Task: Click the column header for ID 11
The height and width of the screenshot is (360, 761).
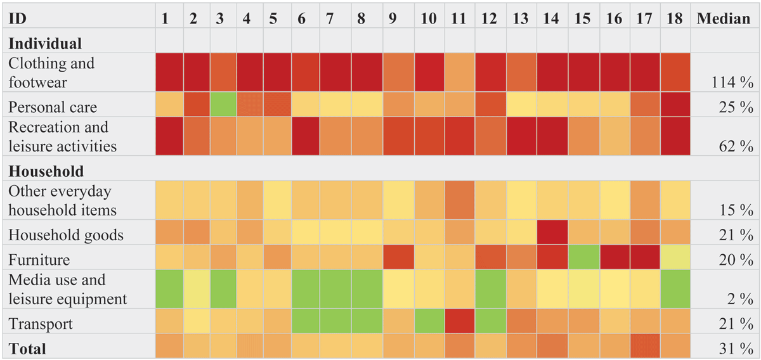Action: [459, 18]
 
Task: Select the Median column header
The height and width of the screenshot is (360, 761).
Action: [724, 18]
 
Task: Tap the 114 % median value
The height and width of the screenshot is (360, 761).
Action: [732, 82]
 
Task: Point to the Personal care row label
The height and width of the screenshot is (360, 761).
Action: [53, 107]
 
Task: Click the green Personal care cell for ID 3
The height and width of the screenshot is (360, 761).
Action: [223, 105]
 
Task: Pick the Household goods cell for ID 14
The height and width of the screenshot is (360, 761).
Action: [552, 233]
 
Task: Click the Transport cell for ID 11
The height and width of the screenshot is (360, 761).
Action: [460, 321]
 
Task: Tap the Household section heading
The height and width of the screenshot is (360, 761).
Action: [46, 171]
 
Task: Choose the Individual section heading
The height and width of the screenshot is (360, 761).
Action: [45, 44]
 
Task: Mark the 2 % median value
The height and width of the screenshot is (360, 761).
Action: [740, 299]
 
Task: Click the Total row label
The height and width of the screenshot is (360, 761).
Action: [27, 349]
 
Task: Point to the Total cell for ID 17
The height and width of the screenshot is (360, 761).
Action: [645, 345]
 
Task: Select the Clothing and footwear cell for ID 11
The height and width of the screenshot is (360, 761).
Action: [460, 72]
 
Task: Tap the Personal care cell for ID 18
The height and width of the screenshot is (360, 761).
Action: [675, 105]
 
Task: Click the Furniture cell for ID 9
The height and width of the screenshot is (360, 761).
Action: [399, 257]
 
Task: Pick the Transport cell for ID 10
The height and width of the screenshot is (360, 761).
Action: [429, 321]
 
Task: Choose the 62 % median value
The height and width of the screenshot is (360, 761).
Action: [736, 146]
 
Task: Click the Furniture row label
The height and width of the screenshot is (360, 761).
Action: [39, 260]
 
